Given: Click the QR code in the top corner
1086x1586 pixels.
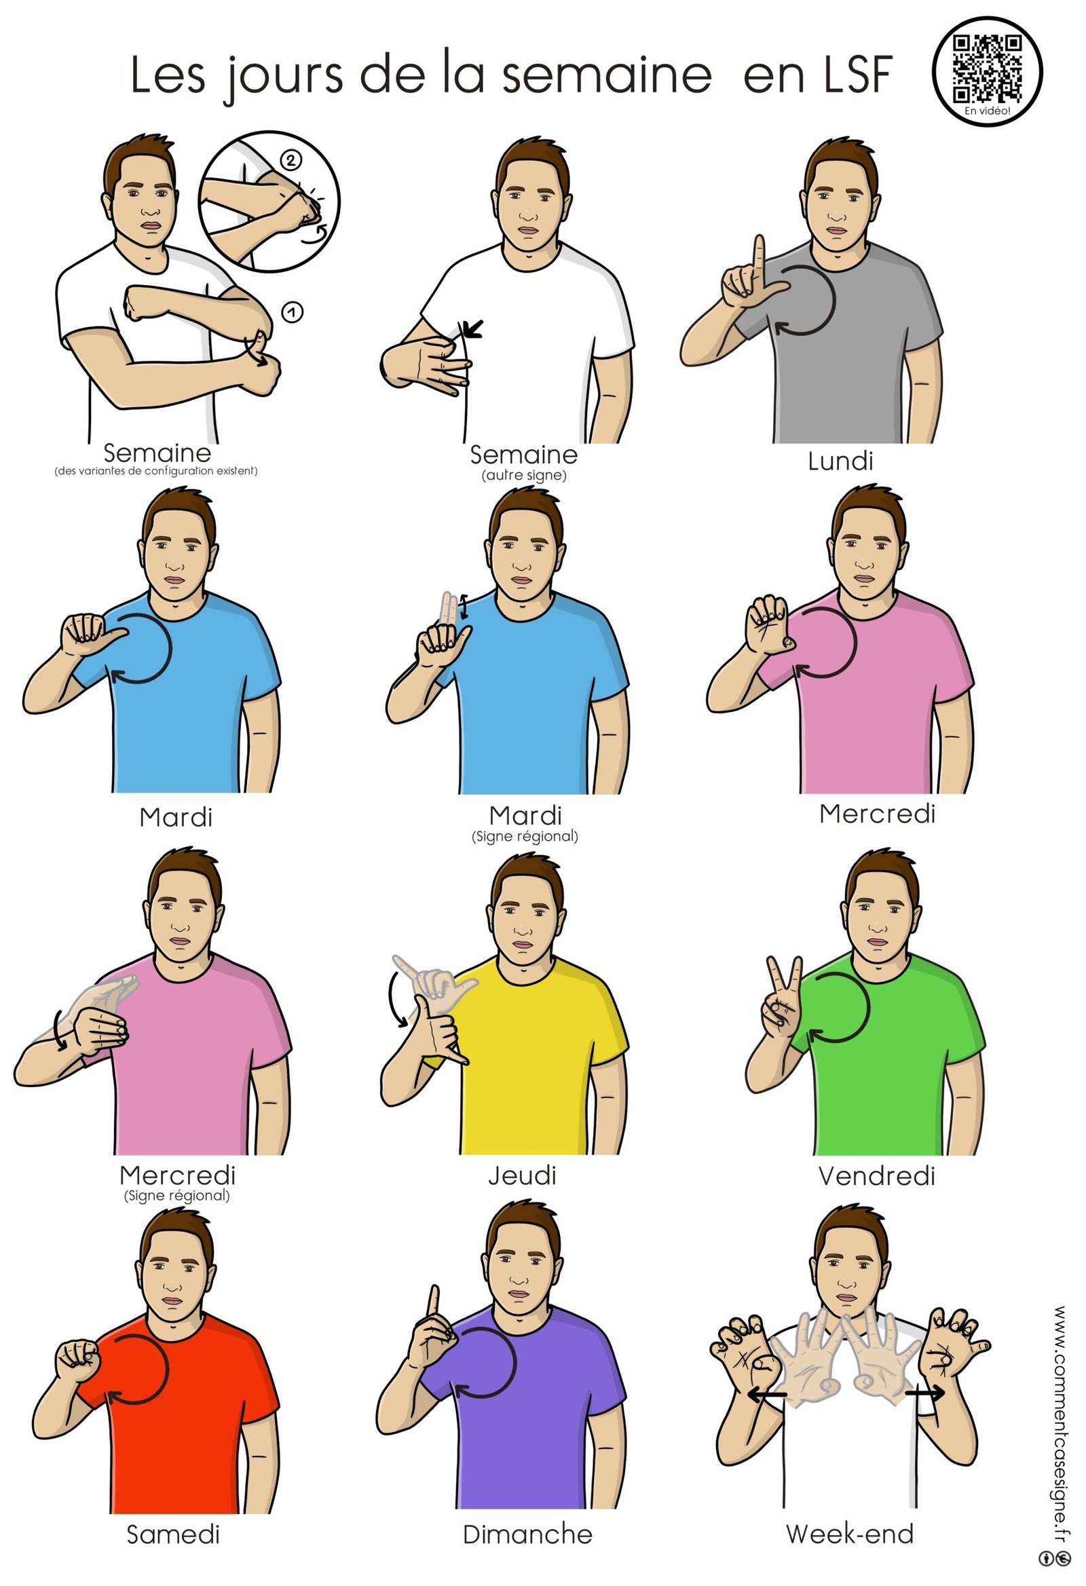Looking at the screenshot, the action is [x=987, y=67].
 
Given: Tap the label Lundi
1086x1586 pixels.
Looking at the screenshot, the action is [x=840, y=461].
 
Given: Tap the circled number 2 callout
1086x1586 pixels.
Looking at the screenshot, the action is [x=290, y=161].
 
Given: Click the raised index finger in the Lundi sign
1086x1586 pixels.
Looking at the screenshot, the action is [x=758, y=260].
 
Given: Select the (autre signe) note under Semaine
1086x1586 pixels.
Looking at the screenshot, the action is [x=524, y=475].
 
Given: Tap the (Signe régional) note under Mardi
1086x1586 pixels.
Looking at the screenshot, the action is [x=525, y=836].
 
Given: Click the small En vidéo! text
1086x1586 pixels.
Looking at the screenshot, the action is [x=988, y=111].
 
